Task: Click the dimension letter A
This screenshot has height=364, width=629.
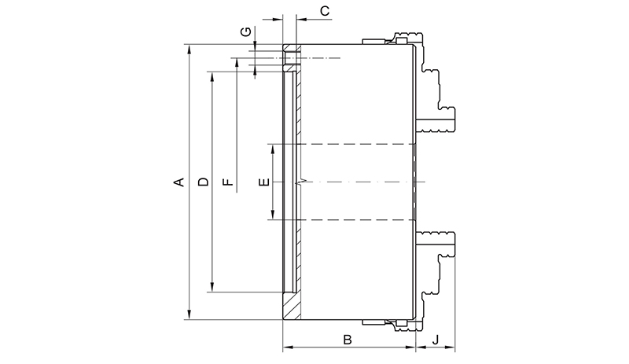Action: pos(179,182)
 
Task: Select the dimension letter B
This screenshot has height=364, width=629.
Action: pos(348,340)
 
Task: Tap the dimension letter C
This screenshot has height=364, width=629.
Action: pos(325,11)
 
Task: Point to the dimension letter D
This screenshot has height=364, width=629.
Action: pos(204,182)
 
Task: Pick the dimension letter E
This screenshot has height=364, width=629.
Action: pos(264,182)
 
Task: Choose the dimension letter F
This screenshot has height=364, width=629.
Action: pos(227,182)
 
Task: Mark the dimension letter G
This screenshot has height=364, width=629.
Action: pos(245,31)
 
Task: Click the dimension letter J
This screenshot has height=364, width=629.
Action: pos(436,340)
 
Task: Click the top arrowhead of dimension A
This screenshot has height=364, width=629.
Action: pos(189,49)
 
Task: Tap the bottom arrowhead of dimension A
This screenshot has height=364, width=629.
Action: pos(189,315)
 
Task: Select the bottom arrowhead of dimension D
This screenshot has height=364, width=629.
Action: pos(212,287)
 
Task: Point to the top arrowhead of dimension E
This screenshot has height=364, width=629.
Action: pos(273,149)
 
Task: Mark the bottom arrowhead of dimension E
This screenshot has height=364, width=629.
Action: pos(273,215)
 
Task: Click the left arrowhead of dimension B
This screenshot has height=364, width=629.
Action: pos(288,347)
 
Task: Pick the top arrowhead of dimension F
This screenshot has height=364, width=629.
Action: pos(237,63)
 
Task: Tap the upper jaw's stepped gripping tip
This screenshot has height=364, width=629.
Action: pos(436,120)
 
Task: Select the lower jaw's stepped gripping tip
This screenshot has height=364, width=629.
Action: pos(436,244)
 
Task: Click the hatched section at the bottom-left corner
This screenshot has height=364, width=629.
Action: pos(292,306)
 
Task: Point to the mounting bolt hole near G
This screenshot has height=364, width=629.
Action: pos(292,58)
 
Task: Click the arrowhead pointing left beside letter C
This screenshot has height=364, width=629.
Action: pos(301,19)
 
